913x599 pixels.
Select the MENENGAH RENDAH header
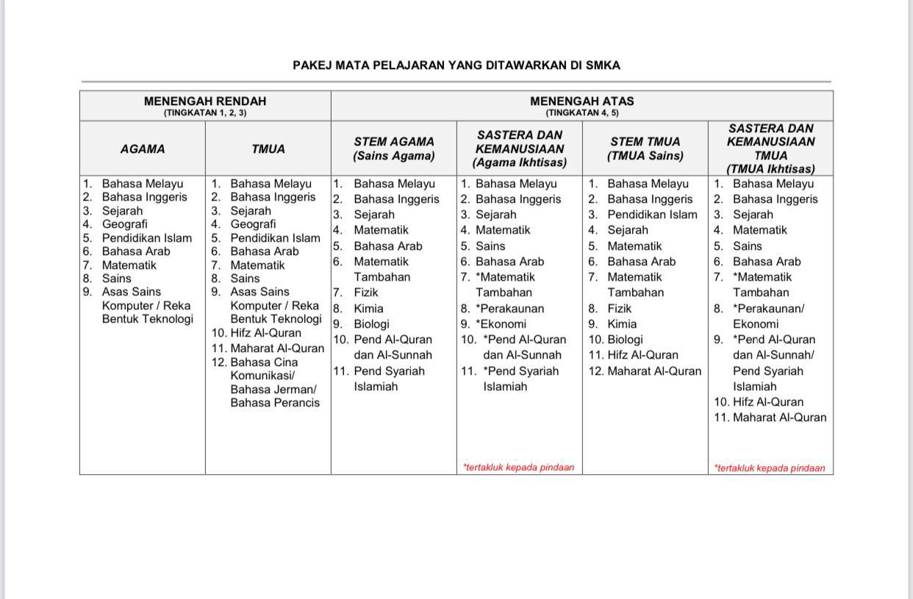205,101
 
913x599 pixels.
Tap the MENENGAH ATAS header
581,101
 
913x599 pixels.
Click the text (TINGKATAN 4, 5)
581,113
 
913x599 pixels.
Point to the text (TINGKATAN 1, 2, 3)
205,113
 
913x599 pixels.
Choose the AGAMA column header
143,149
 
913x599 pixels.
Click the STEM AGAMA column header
394,142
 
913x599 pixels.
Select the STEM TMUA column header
645,142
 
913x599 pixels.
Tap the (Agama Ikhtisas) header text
519,162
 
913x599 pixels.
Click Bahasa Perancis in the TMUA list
275,403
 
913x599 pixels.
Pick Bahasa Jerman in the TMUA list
273,389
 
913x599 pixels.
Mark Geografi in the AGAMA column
125,224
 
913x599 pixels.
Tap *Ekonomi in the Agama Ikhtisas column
501,324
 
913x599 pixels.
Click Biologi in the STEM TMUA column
625,340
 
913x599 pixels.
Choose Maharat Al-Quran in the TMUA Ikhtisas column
779,417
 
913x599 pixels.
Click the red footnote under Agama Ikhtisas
518,467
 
